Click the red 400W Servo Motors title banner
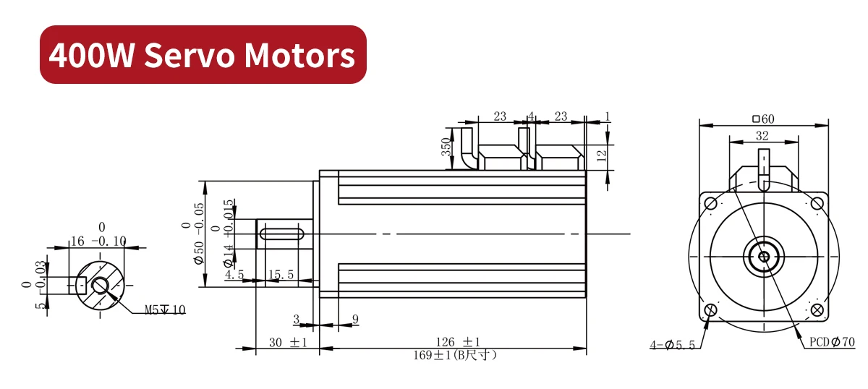tap(203, 55)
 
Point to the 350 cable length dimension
tap(446, 147)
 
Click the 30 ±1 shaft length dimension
tap(287, 342)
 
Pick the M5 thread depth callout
tap(165, 310)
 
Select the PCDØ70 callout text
tap(831, 341)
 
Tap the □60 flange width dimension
tap(763, 119)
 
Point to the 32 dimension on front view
tap(762, 135)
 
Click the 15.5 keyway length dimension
tap(281, 275)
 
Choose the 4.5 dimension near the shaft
tap(234, 275)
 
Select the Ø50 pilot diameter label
tap(199, 243)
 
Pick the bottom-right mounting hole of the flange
tap(818, 310)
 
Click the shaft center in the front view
tap(763, 256)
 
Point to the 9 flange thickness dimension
tap(354, 318)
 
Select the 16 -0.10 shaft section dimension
tap(97, 240)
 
